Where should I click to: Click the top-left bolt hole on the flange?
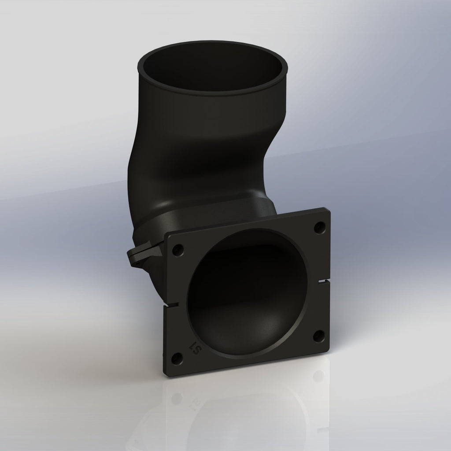click(x=178, y=250)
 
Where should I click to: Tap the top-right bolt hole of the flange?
click(x=318, y=228)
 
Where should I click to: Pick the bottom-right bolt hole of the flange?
click(x=318, y=337)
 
